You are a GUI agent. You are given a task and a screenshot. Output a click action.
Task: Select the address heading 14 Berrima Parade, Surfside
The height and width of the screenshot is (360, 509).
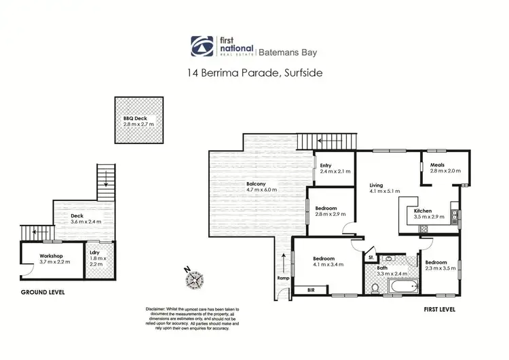[254, 71]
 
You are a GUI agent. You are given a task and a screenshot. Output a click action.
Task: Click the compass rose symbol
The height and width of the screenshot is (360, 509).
[195, 279]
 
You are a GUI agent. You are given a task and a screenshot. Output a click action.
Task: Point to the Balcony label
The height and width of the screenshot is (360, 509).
[256, 183]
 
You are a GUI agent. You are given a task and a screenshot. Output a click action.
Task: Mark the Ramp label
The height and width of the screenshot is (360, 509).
[284, 278]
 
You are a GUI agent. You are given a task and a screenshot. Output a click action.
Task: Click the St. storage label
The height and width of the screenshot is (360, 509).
[371, 257]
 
